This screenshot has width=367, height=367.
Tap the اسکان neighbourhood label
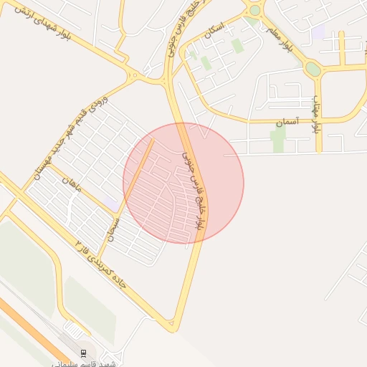click(x=214, y=37)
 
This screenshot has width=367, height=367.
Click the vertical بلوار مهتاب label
click(x=315, y=115)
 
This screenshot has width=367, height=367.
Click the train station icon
click(x=83, y=353)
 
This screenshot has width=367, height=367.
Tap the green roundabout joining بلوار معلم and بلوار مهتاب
click(x=313, y=69)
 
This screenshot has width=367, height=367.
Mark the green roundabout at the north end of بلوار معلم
click(x=254, y=10)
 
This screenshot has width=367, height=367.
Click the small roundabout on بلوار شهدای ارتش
click(x=133, y=75)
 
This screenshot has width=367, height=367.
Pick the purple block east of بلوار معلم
click(x=318, y=32)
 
